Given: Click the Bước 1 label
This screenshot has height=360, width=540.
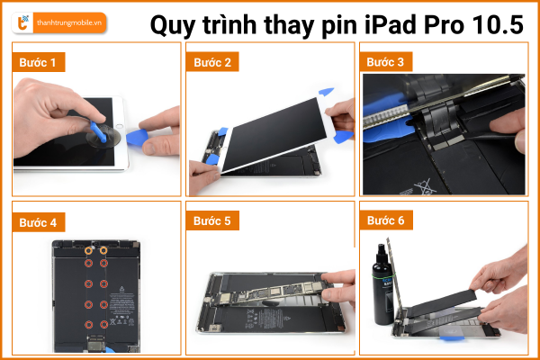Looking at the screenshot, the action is [x=38, y=62].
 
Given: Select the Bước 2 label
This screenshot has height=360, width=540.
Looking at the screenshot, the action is [x=212, y=62].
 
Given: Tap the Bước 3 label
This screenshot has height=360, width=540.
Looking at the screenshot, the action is [x=385, y=62].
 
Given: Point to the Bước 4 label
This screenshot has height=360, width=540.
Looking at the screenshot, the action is [x=38, y=222].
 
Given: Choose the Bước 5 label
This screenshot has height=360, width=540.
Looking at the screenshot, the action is [x=212, y=220].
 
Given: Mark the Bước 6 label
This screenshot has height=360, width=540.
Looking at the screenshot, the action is [x=386, y=220].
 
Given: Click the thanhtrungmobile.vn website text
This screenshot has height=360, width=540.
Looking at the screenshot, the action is [x=69, y=23].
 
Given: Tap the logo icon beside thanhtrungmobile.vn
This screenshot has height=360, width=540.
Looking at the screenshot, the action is [x=23, y=22].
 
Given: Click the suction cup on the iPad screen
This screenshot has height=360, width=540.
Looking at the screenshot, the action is [x=103, y=136].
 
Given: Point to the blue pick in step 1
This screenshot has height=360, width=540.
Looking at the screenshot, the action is [x=137, y=137].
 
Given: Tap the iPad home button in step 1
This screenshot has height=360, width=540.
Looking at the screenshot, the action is [x=120, y=126].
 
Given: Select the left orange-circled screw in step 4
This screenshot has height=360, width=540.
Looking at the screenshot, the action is [x=88, y=251].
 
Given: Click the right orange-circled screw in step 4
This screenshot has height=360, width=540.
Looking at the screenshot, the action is [x=103, y=250].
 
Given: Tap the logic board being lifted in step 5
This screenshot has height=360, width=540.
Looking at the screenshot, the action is [x=272, y=293].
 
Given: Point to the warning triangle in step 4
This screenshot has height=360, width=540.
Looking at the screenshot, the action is [x=121, y=289].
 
